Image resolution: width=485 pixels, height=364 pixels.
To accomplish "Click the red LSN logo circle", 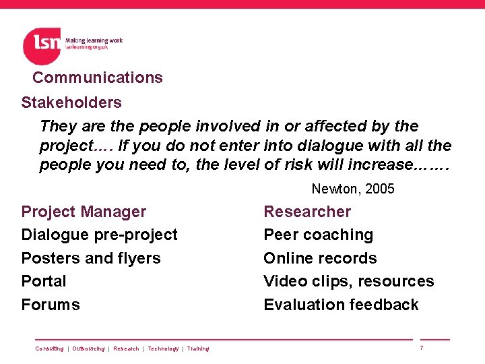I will point(42,46).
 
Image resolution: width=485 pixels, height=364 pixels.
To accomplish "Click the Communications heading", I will point(98,78).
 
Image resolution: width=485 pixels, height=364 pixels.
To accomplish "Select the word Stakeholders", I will point(71,102).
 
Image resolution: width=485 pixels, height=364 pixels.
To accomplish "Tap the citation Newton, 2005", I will point(353,189).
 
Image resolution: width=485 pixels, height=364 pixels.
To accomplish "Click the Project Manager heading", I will point(84,212).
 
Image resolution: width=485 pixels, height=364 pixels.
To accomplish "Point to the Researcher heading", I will point(307,212).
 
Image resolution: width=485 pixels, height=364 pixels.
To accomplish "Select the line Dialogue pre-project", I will point(99,235).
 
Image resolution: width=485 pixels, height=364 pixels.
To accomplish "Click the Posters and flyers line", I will point(91,258).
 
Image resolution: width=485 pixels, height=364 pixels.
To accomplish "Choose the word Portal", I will point(44,281).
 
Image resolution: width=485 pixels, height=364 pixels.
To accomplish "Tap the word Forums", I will point(51,305).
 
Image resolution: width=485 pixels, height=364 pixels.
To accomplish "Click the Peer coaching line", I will point(318,235).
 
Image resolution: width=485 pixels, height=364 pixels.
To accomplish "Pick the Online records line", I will point(320,258).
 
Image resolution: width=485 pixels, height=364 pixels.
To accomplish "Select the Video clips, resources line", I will point(348,281).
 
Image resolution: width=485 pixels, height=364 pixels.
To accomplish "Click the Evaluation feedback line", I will point(341,305).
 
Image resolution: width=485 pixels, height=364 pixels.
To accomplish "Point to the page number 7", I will point(421,348).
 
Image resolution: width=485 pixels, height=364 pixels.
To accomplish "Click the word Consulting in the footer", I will point(49,348).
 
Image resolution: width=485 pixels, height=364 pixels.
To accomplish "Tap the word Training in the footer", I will point(198,348).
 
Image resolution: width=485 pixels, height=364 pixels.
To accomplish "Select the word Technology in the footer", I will point(163,348).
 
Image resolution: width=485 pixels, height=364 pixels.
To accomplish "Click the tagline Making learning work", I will point(94,40).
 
